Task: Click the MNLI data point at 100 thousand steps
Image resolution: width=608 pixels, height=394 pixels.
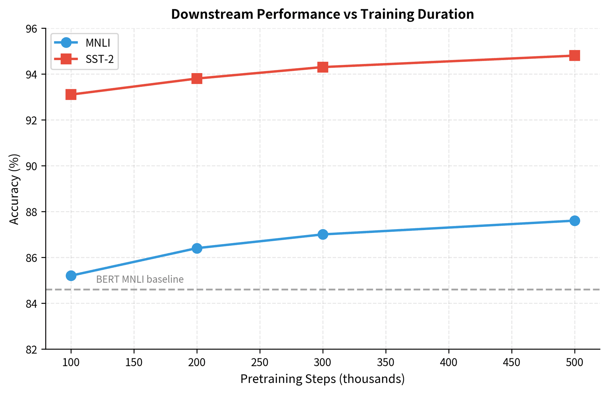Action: [71, 276]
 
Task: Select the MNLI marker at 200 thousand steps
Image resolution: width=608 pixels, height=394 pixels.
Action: [197, 248]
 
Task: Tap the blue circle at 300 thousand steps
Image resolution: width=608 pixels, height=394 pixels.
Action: [323, 234]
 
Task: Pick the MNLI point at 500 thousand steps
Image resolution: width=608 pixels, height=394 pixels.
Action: [575, 221]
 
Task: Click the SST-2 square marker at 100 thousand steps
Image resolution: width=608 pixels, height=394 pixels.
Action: [71, 94]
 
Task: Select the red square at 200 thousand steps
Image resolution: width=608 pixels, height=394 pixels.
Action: [197, 78]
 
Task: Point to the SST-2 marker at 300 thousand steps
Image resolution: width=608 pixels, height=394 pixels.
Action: [323, 67]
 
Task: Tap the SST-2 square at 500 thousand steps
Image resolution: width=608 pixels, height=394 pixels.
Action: [575, 55]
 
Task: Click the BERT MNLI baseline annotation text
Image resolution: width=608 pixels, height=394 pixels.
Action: [140, 279]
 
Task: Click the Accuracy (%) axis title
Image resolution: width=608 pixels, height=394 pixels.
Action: [14, 189]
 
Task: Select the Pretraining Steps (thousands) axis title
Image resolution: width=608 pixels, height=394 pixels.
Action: [322, 379]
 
